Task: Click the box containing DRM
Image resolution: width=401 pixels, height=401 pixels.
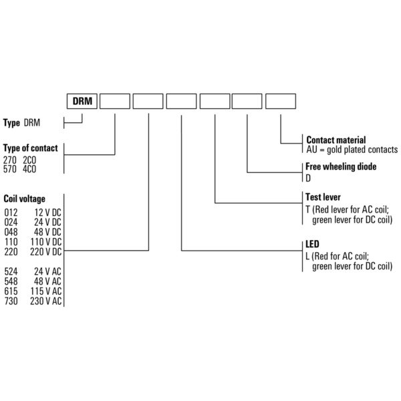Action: point(82,101)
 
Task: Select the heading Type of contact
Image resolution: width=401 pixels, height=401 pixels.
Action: point(31,148)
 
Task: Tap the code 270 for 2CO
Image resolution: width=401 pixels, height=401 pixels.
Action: point(10,160)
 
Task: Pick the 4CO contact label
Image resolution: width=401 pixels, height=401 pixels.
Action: point(29,169)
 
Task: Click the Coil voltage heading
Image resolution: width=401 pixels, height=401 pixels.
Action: point(24,199)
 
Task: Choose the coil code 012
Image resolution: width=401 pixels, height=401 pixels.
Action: point(11,213)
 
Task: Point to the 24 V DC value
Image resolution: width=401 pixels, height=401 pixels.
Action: point(48,223)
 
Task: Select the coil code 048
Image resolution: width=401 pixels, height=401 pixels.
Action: point(11,232)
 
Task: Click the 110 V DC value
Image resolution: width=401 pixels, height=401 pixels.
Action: point(46,242)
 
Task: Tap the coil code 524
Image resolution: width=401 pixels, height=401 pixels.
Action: point(11,271)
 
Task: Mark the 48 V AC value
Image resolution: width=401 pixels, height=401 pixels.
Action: point(48,281)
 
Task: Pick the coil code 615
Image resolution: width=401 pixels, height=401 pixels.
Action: point(11,291)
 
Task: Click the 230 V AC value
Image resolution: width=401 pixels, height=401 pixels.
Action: point(46,301)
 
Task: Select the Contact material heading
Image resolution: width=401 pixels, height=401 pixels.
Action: point(336,140)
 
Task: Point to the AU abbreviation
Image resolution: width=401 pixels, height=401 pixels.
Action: point(311,150)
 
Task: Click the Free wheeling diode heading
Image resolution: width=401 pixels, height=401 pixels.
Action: point(341,166)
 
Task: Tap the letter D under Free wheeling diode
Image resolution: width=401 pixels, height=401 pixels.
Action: point(308,178)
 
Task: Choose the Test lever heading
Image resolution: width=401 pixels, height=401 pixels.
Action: point(323,197)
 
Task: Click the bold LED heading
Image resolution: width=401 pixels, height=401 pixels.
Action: point(312,244)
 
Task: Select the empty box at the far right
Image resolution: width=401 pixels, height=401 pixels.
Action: point(281,101)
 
